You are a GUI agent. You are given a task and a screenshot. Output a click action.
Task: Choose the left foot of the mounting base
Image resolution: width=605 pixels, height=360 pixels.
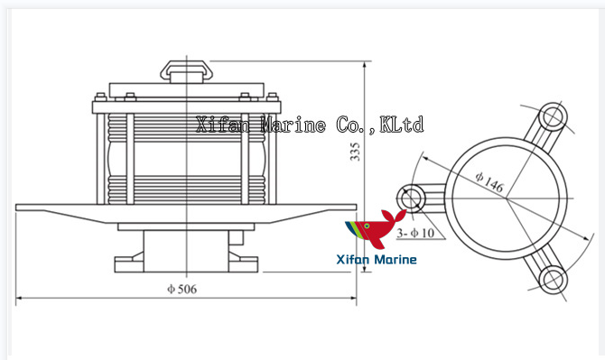[126, 264]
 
